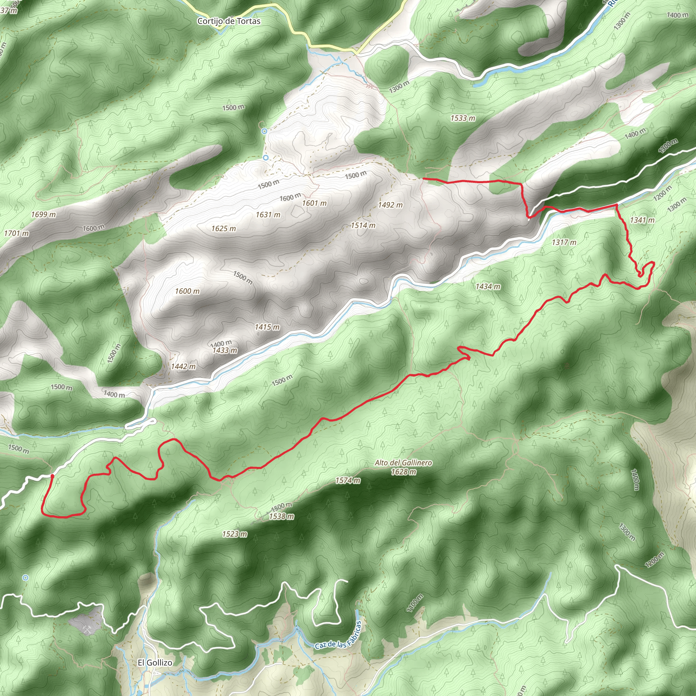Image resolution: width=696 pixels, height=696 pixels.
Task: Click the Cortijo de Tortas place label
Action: pos(229,21)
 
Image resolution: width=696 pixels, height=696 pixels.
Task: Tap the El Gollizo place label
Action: pos(155,663)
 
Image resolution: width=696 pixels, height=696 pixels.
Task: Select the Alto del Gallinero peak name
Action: pos(403,463)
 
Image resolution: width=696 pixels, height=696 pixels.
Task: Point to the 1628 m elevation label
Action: pos(404,472)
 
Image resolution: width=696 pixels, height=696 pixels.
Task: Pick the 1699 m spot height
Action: pos(43,215)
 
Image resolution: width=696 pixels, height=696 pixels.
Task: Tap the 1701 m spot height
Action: pos(17,233)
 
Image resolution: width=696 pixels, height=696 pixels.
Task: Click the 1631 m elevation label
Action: pos(268,215)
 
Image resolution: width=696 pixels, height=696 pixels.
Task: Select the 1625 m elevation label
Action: pos(224,229)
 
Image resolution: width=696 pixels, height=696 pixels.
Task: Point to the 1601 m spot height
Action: pos(314,204)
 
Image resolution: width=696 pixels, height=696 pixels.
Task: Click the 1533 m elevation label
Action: pos(463,118)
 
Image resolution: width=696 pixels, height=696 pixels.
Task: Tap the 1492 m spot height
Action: pos(390,205)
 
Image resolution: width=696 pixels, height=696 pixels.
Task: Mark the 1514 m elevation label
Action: pos(363,226)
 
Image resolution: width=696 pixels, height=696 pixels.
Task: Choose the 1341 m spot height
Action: pos(642,220)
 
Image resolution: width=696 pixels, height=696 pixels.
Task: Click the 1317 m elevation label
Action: pos(564,242)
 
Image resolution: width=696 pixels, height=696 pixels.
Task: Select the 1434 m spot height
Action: pos(488,287)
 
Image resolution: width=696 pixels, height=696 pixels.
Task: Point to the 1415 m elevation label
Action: pos(267,327)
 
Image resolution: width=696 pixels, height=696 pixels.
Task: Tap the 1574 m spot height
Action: pos(348,481)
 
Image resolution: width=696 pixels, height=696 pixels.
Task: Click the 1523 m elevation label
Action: pos(235,534)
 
